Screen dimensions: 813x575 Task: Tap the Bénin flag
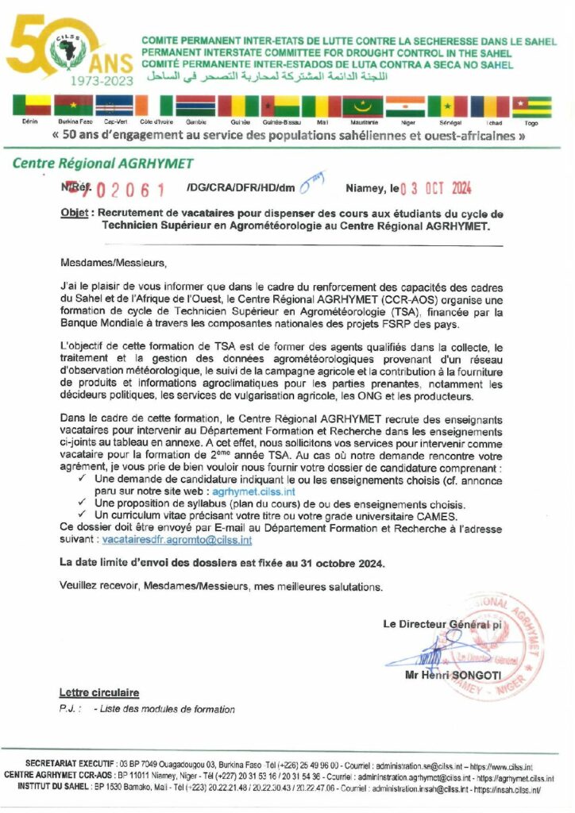[x=30, y=106]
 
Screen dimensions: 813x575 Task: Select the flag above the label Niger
[x=405, y=106]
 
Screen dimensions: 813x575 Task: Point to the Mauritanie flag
[x=362, y=106]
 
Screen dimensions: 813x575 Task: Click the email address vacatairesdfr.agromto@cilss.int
[x=177, y=539]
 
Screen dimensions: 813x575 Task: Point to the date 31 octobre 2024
[x=343, y=563]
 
